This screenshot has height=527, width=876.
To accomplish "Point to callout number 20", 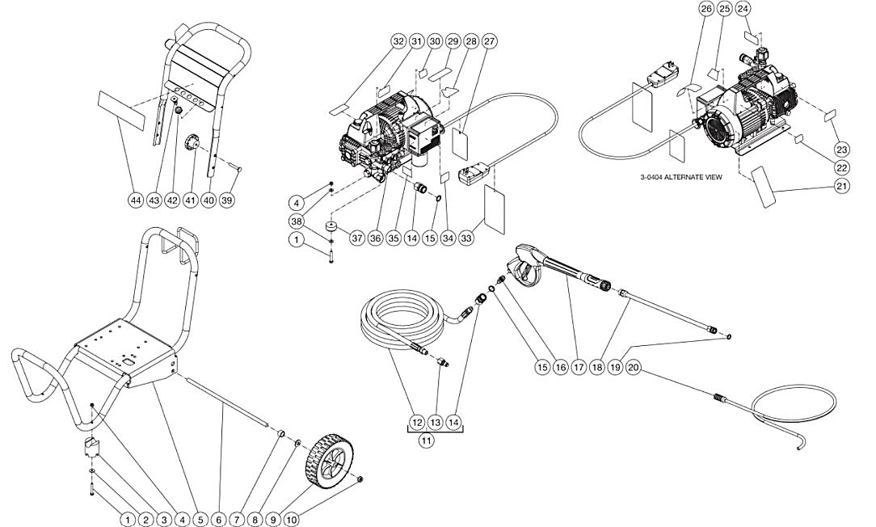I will click(x=634, y=367).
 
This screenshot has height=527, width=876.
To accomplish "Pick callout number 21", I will click(x=842, y=187).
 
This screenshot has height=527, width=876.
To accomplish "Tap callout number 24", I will click(x=743, y=9).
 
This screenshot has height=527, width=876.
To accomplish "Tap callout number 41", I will click(x=190, y=199).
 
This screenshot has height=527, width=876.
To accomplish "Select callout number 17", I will click(x=579, y=367).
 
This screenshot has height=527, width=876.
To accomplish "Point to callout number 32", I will click(x=398, y=42).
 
